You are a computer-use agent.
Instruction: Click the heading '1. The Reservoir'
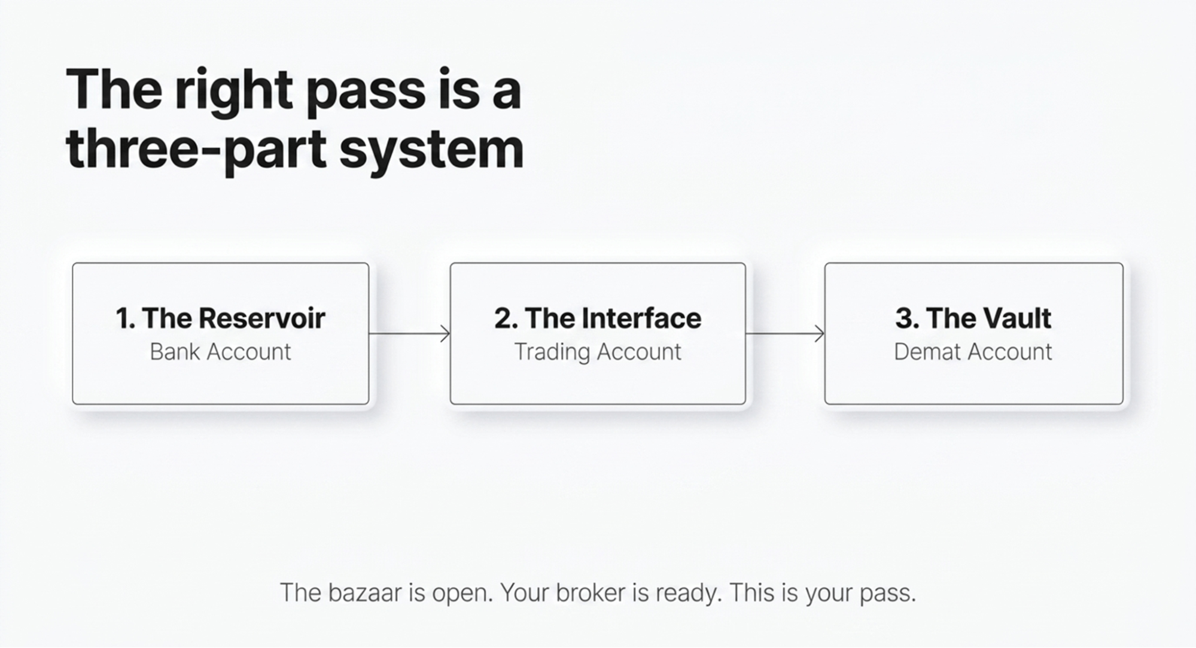click(221, 318)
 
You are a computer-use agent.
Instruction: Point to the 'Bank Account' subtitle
click(220, 352)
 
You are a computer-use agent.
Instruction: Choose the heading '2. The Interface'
click(598, 318)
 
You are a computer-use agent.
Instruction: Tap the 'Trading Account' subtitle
click(598, 352)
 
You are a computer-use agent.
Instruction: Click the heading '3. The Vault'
click(973, 318)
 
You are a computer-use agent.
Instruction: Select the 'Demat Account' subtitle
click(973, 352)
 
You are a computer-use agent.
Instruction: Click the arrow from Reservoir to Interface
click(409, 333)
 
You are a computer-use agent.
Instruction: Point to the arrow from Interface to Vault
click(785, 333)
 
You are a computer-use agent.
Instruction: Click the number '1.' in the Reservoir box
click(126, 318)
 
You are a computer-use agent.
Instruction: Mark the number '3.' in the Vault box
click(907, 318)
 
